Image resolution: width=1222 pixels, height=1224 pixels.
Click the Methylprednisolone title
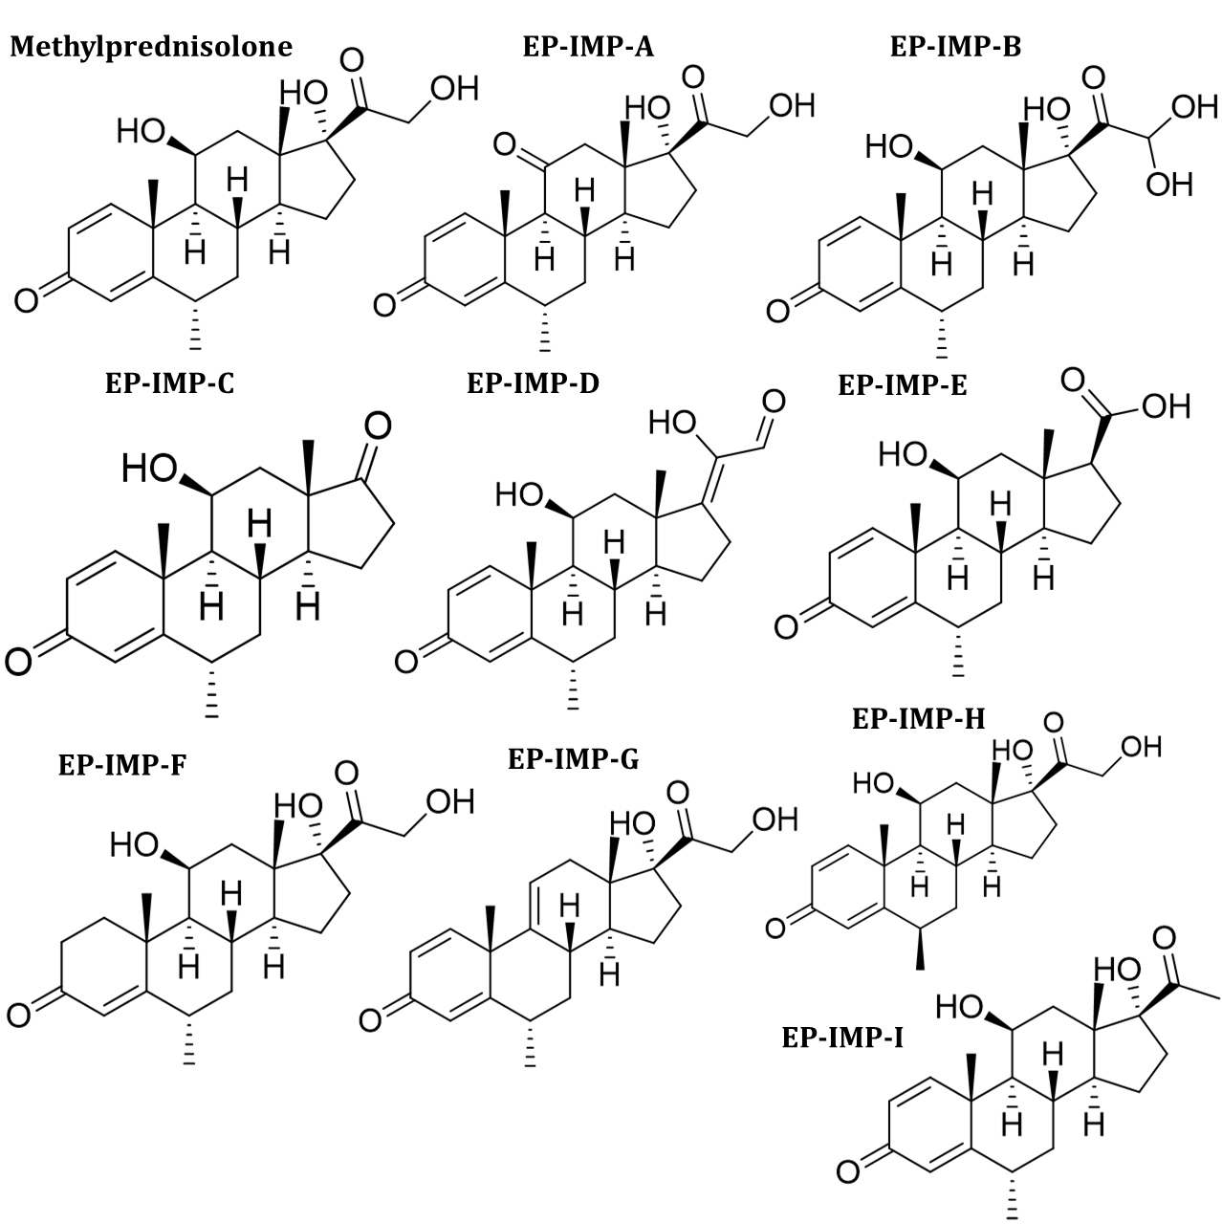(x=151, y=48)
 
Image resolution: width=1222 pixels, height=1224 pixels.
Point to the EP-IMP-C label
(x=169, y=384)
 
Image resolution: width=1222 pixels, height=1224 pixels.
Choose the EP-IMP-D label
(x=533, y=384)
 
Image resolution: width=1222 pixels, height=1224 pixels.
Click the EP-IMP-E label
(x=903, y=385)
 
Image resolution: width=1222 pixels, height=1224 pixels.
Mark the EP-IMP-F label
(x=123, y=765)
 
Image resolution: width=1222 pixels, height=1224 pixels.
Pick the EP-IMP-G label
(x=573, y=760)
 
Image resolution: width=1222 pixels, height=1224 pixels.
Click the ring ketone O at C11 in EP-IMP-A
(x=506, y=145)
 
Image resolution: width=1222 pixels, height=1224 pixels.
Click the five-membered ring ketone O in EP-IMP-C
(x=378, y=426)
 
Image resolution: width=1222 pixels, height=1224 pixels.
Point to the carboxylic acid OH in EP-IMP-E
(x=1166, y=407)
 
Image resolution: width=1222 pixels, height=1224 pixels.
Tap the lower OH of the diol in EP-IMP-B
(x=1168, y=183)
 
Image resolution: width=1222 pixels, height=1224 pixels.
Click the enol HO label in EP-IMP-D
(x=671, y=422)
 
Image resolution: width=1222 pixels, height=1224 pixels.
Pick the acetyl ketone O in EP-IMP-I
(x=1164, y=938)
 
